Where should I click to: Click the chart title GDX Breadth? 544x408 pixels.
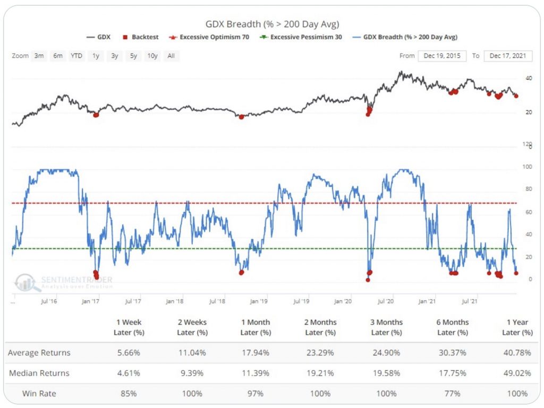[272, 24]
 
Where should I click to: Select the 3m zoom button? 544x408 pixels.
[39, 56]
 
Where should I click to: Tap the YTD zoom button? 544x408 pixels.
[76, 56]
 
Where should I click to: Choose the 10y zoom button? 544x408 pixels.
[152, 56]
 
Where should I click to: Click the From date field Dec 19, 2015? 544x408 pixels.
[442, 56]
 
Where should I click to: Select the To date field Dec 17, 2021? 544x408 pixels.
[508, 56]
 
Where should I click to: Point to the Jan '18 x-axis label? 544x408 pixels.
[175, 301]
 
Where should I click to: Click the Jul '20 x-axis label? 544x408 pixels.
[385, 301]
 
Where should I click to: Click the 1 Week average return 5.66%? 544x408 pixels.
[129, 353]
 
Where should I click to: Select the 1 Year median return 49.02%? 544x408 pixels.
[517, 373]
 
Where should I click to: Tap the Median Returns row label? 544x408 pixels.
[39, 373]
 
